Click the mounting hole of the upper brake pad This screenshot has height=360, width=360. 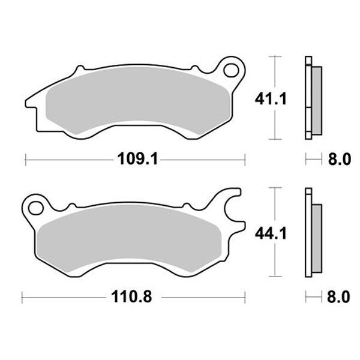[230, 70]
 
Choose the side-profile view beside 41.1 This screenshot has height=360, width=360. [312, 97]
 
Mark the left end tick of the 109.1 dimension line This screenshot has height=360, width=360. [26, 160]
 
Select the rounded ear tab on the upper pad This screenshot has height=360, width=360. [230, 68]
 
